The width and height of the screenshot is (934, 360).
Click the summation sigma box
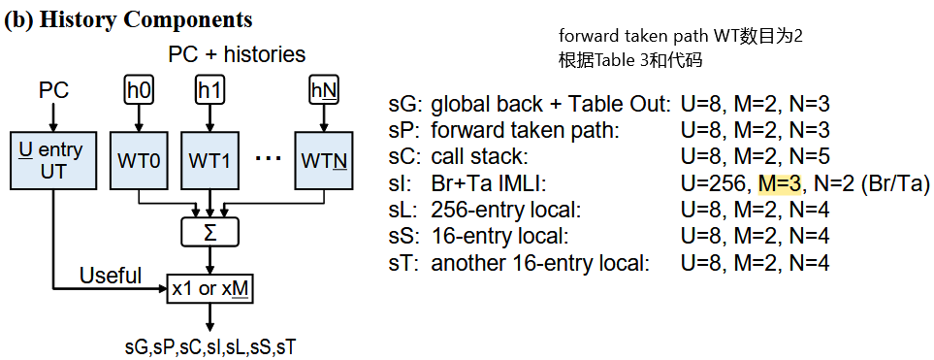point(209,232)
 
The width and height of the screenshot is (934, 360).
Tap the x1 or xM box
point(209,288)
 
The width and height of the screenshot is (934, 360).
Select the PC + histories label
point(237,54)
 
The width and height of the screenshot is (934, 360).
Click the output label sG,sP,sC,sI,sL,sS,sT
point(209,344)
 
